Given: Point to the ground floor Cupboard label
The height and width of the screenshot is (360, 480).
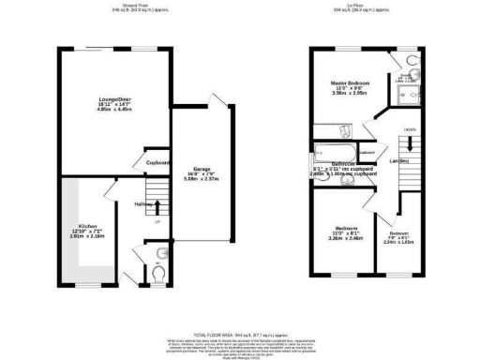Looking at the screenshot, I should point(157,162).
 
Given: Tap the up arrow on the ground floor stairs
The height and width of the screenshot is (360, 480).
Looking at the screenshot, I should point(157,221).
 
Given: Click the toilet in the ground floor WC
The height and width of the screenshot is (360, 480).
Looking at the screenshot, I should point(159,272).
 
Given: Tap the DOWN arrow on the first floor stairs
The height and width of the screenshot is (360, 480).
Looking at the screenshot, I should point(410,130).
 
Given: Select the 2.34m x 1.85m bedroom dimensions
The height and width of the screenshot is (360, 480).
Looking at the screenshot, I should point(401,240).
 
